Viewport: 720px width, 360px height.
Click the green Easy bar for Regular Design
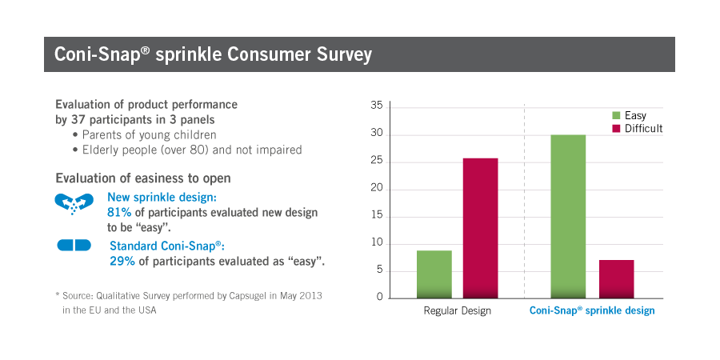(434, 274)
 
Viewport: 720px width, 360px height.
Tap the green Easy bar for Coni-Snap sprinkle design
(568, 217)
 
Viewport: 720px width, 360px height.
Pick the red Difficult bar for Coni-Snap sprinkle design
(616, 279)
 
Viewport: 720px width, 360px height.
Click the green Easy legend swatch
(616, 116)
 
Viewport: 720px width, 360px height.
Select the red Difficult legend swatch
(616, 129)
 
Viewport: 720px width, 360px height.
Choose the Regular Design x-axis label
(457, 310)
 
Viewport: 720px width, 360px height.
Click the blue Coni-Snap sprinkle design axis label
(592, 310)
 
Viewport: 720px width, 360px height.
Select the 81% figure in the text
(119, 213)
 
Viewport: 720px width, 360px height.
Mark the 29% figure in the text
(122, 261)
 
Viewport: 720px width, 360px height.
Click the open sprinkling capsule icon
(74, 204)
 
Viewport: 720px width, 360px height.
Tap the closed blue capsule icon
(74, 246)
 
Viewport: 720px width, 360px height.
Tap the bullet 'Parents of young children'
(148, 134)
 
